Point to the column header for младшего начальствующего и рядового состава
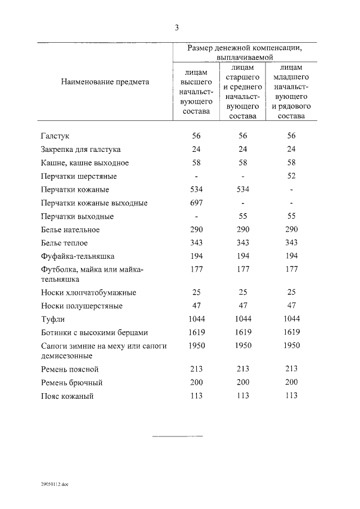tap(291, 92)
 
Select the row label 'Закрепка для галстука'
tap(80, 149)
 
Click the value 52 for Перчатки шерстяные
tap(291, 176)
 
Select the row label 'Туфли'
tap(53, 319)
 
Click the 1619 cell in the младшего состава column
tap(291, 332)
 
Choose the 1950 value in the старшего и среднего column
tap(243, 345)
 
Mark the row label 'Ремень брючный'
tap(71, 382)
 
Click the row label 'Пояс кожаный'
tap(67, 396)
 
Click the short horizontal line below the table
tap(177, 436)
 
